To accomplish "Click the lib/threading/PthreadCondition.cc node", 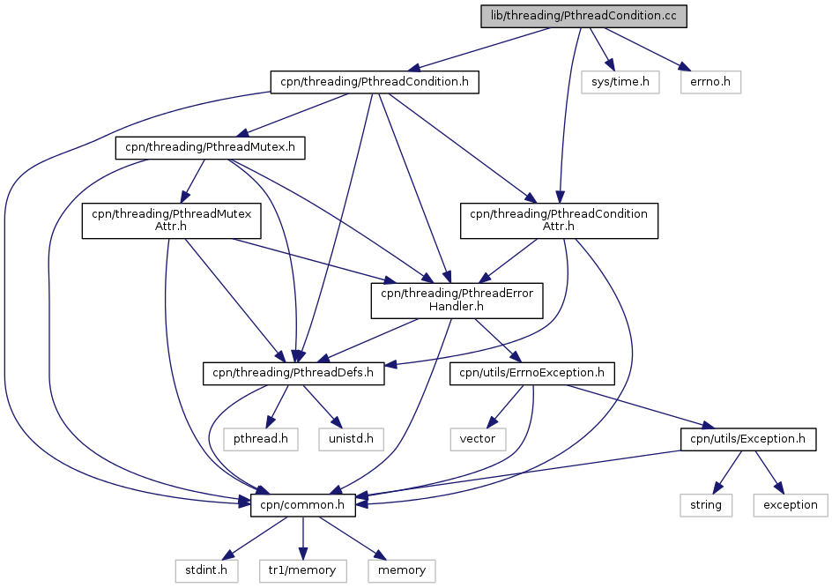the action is pos(583,16).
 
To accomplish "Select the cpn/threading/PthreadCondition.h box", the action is pos(375,82).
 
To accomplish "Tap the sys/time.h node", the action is pos(620,82).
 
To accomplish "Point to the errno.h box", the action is pos(710,82).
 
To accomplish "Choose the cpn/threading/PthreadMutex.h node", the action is pos(210,147).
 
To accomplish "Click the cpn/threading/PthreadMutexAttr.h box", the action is pos(171,220).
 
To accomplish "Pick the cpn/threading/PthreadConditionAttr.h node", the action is pos(559,220).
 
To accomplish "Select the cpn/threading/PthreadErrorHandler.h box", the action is pos(457,301).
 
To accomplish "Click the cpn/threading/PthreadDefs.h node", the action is pos(293,374).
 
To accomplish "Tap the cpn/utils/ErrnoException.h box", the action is pos(531,374).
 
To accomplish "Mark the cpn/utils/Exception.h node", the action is pos(748,439).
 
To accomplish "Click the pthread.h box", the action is pos(261,439).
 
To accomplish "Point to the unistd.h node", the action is pos(352,439).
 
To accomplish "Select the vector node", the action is pos(478,439).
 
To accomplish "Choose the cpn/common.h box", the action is pos(303,505).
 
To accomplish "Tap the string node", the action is pos(706,505).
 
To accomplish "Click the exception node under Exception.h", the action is pos(790,505).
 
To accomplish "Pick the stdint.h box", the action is pos(206,570).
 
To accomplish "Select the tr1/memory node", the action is pos(302,570).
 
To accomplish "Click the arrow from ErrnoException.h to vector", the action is pos(505,406).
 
